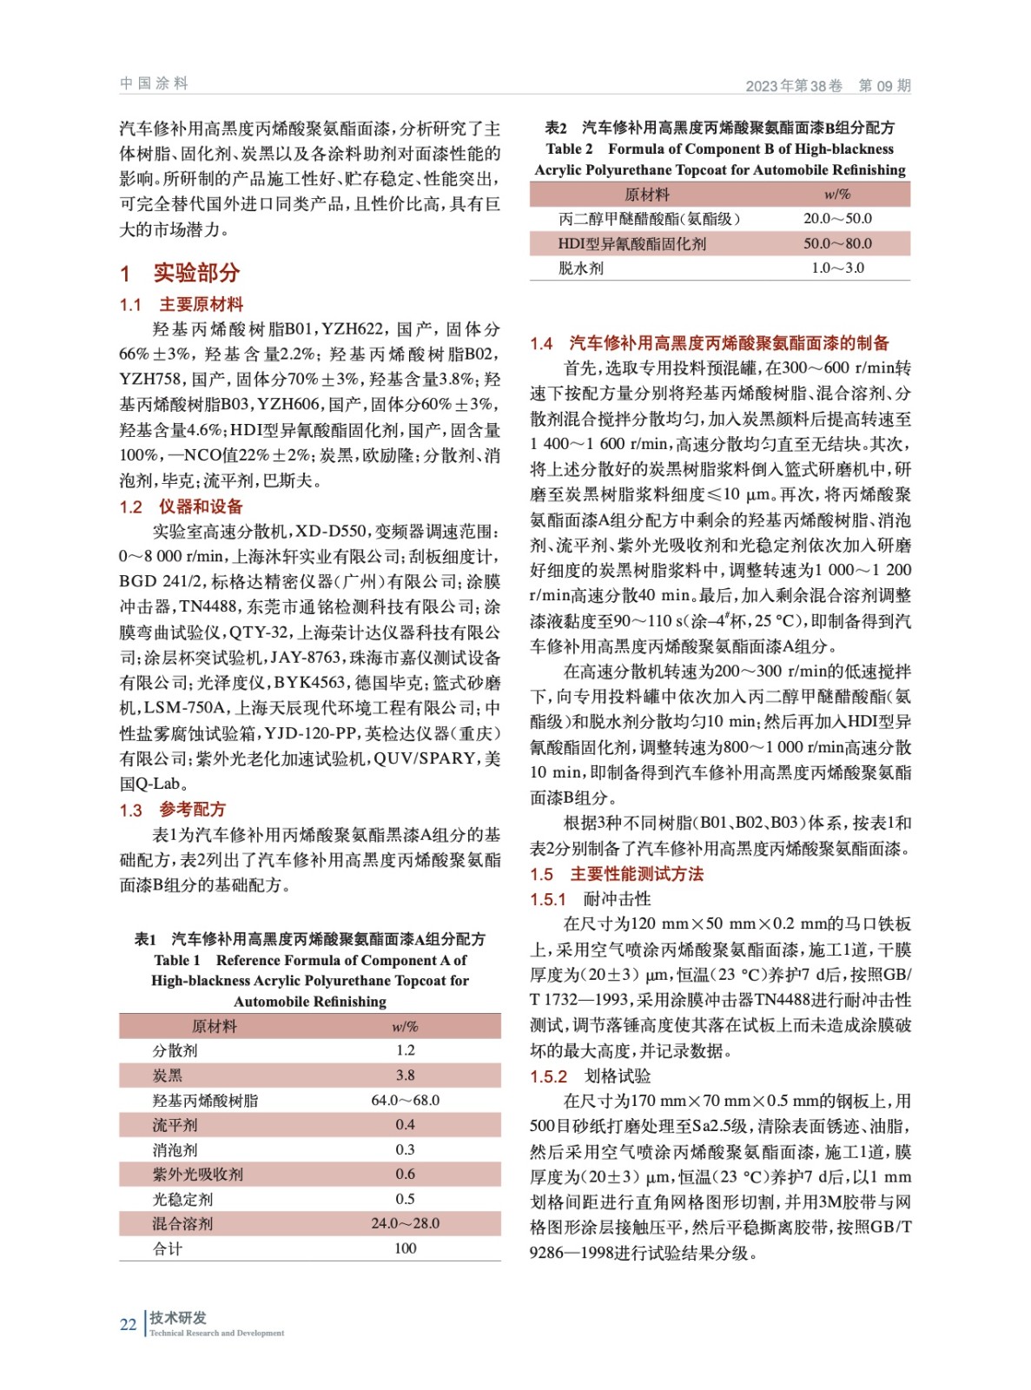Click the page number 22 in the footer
point(128,1324)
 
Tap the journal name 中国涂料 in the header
point(154,83)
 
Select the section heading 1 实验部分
point(180,273)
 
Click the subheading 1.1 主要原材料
point(182,305)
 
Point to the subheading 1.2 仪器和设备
point(182,506)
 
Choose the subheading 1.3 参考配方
point(173,810)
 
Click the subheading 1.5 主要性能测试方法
point(617,874)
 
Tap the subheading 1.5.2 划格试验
point(591,1076)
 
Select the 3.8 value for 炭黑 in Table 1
point(405,1075)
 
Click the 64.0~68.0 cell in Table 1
point(405,1100)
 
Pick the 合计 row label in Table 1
point(168,1248)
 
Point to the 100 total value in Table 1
point(405,1248)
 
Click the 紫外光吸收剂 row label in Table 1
point(198,1175)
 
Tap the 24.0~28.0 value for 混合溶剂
point(405,1223)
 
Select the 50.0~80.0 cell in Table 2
point(837,243)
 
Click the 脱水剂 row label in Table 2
point(580,268)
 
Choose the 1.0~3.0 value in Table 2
point(837,268)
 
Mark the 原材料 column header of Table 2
point(647,195)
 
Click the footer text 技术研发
point(178,1318)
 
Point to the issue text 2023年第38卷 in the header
point(794,86)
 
